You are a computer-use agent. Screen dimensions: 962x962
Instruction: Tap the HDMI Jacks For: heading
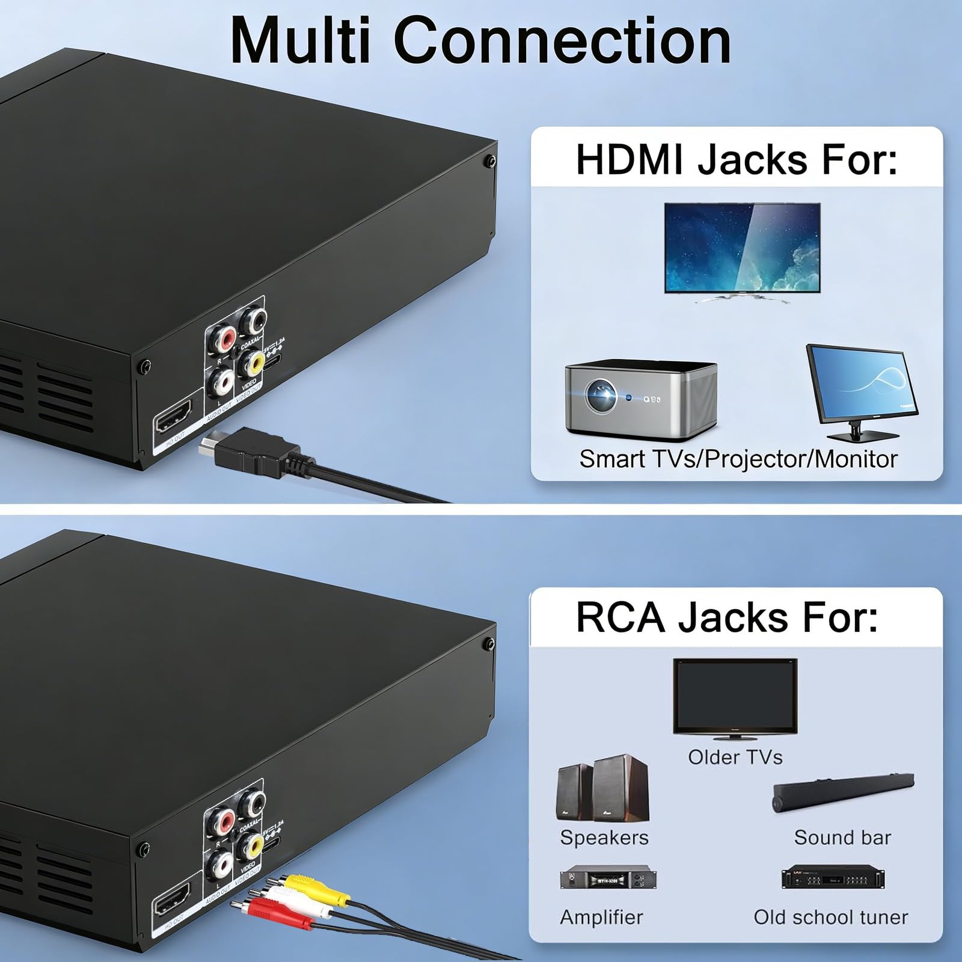pos(736,159)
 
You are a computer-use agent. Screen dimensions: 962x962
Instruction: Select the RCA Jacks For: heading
pos(726,617)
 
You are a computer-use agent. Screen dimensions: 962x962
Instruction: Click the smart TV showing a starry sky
pos(742,248)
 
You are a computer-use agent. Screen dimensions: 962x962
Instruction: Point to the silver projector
pos(640,398)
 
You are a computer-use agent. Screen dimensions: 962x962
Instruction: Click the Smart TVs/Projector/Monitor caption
pos(738,459)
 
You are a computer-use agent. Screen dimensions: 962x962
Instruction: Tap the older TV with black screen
pos(735,697)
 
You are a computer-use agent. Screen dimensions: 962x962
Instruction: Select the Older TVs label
pos(735,757)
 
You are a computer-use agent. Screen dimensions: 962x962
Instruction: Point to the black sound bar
pos(843,794)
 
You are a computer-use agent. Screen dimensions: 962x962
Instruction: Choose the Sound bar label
pos(842,838)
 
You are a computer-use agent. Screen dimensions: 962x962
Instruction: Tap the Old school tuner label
pos(830,917)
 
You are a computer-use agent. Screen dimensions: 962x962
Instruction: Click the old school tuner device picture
pos(832,879)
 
